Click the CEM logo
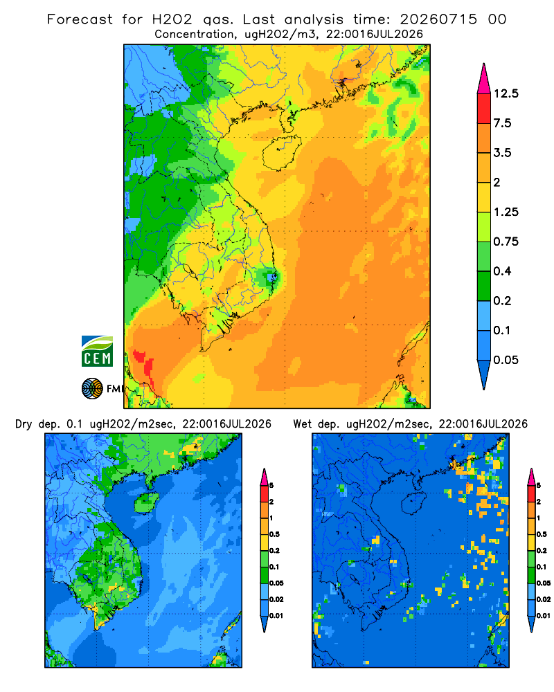coord(97,352)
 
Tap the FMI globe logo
coord(92,389)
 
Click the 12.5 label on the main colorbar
coord(506,93)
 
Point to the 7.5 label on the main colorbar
coord(502,123)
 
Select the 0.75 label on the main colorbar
coord(506,242)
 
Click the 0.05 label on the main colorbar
coord(506,360)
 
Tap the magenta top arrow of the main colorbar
coord(484,79)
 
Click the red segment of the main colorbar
coord(484,109)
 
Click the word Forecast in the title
coord(80,19)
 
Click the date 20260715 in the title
coord(438,19)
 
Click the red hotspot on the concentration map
coord(145,364)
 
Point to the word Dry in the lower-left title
coord(24,425)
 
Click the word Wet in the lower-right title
coord(303,424)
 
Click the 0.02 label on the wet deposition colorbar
coord(544,599)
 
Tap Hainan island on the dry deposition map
coord(146,502)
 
